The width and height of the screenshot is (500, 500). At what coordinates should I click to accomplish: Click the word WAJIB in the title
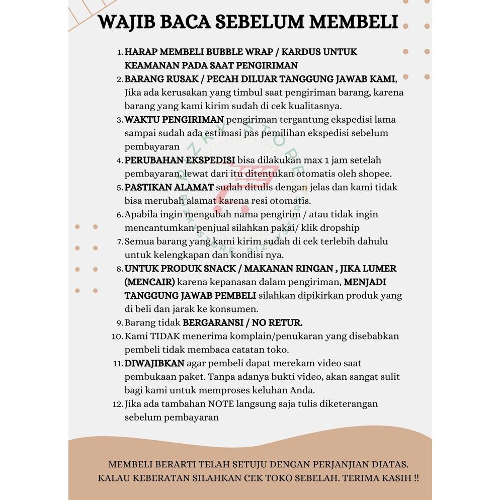[x=126, y=23]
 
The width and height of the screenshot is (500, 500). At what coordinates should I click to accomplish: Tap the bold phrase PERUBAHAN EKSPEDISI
[x=180, y=160]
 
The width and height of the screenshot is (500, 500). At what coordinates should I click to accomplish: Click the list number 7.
[x=120, y=242]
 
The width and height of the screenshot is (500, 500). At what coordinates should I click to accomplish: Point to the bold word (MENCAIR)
[x=150, y=282]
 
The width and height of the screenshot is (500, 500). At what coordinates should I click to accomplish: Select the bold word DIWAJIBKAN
[x=154, y=363]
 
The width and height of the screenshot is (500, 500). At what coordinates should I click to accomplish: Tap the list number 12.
[x=118, y=404]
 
